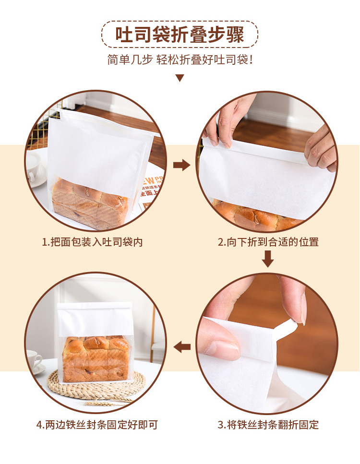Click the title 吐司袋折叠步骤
(x=180, y=35)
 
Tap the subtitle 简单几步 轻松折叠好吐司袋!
(x=180, y=59)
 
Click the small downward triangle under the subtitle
(x=180, y=78)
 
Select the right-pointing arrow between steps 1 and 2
(x=181, y=165)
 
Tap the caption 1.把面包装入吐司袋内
(x=92, y=242)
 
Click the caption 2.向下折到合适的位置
(x=268, y=242)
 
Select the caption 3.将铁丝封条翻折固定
(x=268, y=425)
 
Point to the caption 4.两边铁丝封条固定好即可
(x=97, y=425)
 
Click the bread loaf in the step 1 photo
(x=90, y=203)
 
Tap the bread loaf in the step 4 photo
(x=96, y=358)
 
